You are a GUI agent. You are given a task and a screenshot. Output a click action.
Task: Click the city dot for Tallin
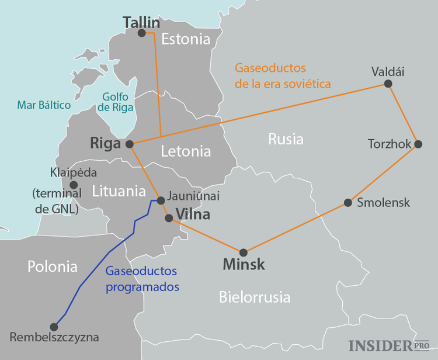tap(142, 33)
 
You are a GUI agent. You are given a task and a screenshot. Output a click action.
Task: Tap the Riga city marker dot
tap(130, 144)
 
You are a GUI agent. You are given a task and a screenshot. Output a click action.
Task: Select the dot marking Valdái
tap(388, 84)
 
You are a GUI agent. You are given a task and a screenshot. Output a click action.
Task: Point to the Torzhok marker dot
tap(417, 143)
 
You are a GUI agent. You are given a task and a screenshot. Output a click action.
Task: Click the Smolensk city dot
tap(348, 203)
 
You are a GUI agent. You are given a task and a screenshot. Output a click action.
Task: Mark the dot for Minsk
tap(244, 252)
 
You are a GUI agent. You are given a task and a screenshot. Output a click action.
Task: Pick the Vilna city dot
tap(169, 218)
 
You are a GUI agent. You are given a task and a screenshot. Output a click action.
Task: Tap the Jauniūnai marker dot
tap(161, 200)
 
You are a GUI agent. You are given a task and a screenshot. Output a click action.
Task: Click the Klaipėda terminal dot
tap(74, 185)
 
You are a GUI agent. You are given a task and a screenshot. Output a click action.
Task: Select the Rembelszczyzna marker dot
tap(54, 327)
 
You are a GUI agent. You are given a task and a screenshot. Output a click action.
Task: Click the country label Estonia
tap(186, 40)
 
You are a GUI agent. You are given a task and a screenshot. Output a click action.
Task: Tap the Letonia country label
tap(185, 151)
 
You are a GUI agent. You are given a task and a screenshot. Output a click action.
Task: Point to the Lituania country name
tap(119, 191)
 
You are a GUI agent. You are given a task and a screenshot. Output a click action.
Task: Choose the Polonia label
tap(53, 266)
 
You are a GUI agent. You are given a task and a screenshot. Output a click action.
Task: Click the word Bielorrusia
tap(255, 297)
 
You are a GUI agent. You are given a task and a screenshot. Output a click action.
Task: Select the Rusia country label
tap(286, 139)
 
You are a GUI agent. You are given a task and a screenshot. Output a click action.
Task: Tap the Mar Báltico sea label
tap(44, 105)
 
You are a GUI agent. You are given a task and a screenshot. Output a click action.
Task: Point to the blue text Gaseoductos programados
tap(142, 279)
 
